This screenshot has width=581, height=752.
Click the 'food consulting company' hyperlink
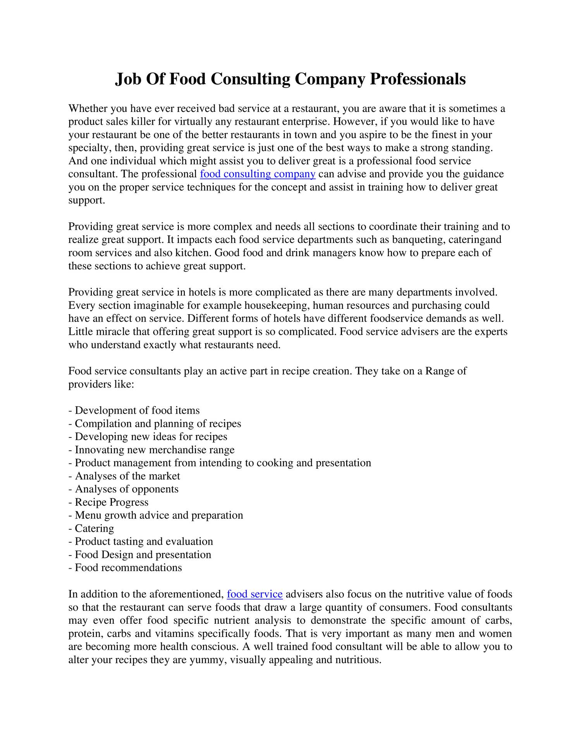pos(258,174)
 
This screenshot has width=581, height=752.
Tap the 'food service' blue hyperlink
pos(254,594)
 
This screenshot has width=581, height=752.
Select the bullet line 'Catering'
pos(94,528)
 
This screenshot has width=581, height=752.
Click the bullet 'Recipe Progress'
pos(111,502)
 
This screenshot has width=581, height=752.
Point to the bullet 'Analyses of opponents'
pos(126,489)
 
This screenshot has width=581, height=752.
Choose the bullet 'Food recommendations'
pos(128,568)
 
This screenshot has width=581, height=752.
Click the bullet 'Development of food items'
pos(137,410)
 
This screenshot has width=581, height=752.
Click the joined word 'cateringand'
pos(475,240)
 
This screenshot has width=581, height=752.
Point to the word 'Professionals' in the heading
pos(418,79)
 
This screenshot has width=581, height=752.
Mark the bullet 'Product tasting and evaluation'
pos(144,542)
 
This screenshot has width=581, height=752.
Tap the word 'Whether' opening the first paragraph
pos(88,108)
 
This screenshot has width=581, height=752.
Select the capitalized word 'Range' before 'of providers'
pos(440,371)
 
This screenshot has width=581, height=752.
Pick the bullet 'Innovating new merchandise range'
pos(155,450)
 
